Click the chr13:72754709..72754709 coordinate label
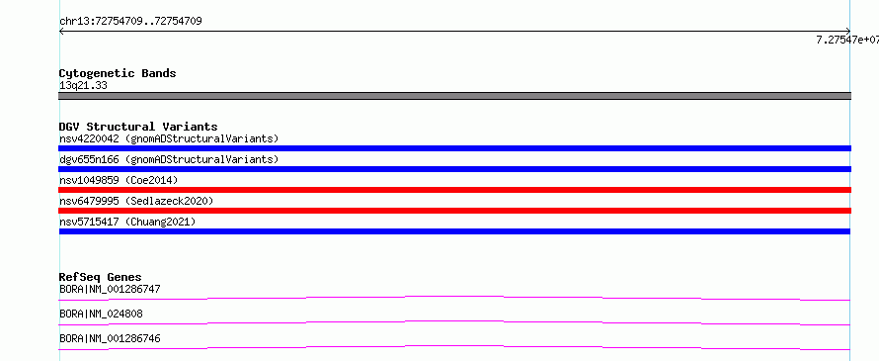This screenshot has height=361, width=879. click(130, 22)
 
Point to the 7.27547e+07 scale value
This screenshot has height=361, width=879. click(847, 40)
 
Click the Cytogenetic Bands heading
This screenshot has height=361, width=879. click(118, 73)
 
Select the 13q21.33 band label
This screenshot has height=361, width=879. click(83, 86)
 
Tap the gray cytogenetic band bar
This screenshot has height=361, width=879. click(454, 96)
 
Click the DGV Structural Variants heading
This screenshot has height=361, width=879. click(138, 127)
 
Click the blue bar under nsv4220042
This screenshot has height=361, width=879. click(454, 148)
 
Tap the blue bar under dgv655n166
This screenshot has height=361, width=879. click(454, 169)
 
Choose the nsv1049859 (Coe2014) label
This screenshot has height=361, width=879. click(119, 180)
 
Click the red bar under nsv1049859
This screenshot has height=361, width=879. click(454, 190)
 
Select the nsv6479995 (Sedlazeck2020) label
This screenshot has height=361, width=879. click(136, 201)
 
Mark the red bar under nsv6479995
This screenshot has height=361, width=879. click(454, 211)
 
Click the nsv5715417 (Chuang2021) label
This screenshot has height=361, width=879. click(127, 222)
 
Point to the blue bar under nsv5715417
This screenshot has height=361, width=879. click(454, 231)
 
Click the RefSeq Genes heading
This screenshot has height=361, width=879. click(101, 277)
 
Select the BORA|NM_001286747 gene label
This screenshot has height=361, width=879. click(110, 290)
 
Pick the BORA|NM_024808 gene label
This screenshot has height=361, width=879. click(101, 315)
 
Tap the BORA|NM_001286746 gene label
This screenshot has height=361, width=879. click(110, 339)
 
